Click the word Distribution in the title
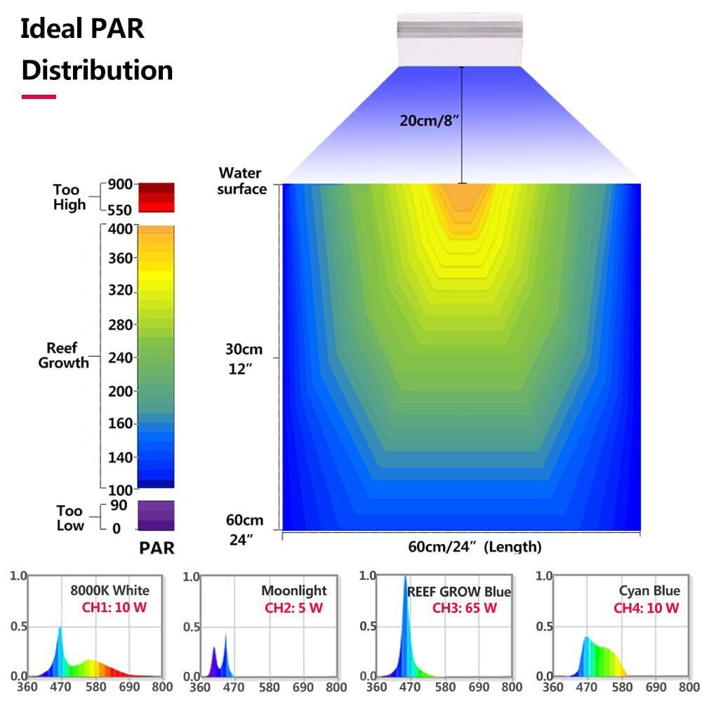pos(97,70)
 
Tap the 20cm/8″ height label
pos(430,120)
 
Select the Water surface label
pos(240,180)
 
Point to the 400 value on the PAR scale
pos(120,227)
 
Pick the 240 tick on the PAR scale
pos(120,358)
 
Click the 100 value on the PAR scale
pos(120,489)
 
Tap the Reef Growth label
pos(63,355)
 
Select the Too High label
pos(69,197)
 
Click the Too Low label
pos(69,518)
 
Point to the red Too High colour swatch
pos(156,197)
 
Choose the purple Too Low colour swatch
pos(156,515)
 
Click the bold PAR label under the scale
pos(156,548)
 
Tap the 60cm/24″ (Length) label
pos(475,546)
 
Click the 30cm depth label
pos(243,350)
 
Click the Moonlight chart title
pos(293,591)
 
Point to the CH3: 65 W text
pos(464,608)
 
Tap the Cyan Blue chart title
pos(649,591)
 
